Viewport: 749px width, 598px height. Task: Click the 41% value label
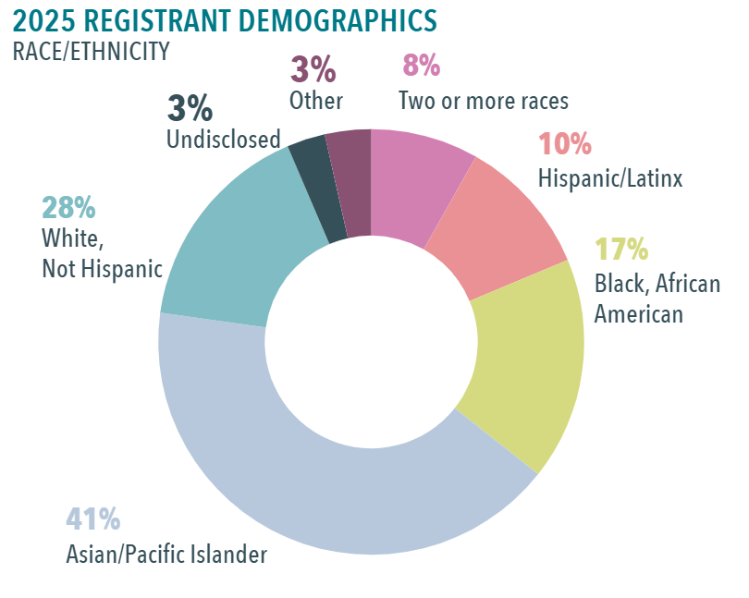92,519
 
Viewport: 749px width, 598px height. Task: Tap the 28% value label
68,206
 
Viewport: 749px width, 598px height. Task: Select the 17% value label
620,249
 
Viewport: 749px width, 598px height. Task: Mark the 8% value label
421,66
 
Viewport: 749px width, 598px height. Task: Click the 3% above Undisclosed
190,108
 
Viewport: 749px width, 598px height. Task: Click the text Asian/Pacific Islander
166,555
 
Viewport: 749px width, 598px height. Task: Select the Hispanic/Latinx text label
610,177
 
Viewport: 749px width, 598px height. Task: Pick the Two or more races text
483,100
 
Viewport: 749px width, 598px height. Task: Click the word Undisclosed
223,139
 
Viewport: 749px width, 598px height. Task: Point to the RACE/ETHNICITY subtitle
91,52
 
